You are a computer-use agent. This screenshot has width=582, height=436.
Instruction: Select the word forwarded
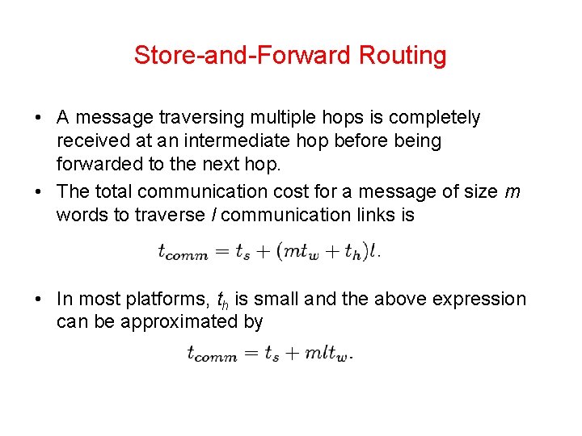pos(99,165)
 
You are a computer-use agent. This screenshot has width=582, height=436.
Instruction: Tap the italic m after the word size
pos(512,191)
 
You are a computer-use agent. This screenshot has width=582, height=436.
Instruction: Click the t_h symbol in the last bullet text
pos(224,300)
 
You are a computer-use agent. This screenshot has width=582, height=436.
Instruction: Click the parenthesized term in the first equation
pos(323,252)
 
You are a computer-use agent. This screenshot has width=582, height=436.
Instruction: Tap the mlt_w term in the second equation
pos(328,354)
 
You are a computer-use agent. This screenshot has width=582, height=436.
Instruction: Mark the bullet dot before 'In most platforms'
pos(39,300)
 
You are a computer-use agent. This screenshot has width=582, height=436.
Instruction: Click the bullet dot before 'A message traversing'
pos(39,118)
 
